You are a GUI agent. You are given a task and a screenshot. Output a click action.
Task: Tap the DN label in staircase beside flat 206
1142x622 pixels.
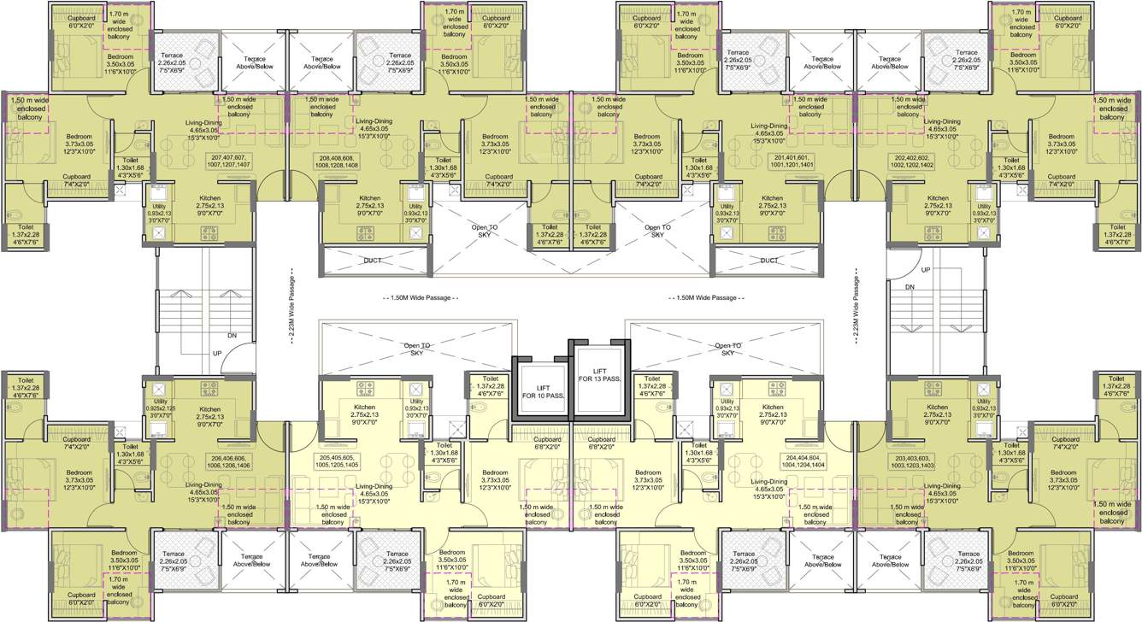coord(232,335)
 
